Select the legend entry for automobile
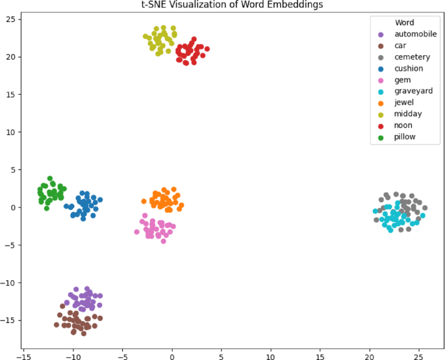(411, 34)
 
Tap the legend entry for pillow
(404, 137)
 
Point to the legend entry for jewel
(403, 103)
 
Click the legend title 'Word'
(404, 23)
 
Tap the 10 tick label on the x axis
(271, 357)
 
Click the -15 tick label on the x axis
(24, 357)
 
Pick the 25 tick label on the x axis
(419, 357)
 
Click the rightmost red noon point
(207, 49)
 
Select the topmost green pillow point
(50, 178)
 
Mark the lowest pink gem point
(163, 241)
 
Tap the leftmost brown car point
(57, 325)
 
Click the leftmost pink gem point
(137, 232)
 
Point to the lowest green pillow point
(47, 209)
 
